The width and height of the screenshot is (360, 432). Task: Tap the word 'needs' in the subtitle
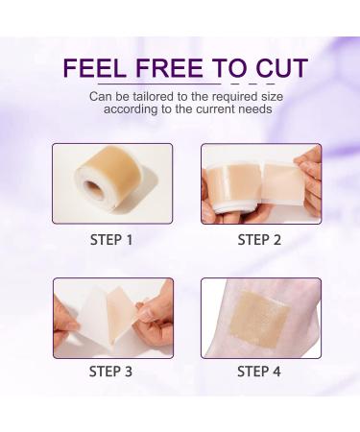(251, 110)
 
